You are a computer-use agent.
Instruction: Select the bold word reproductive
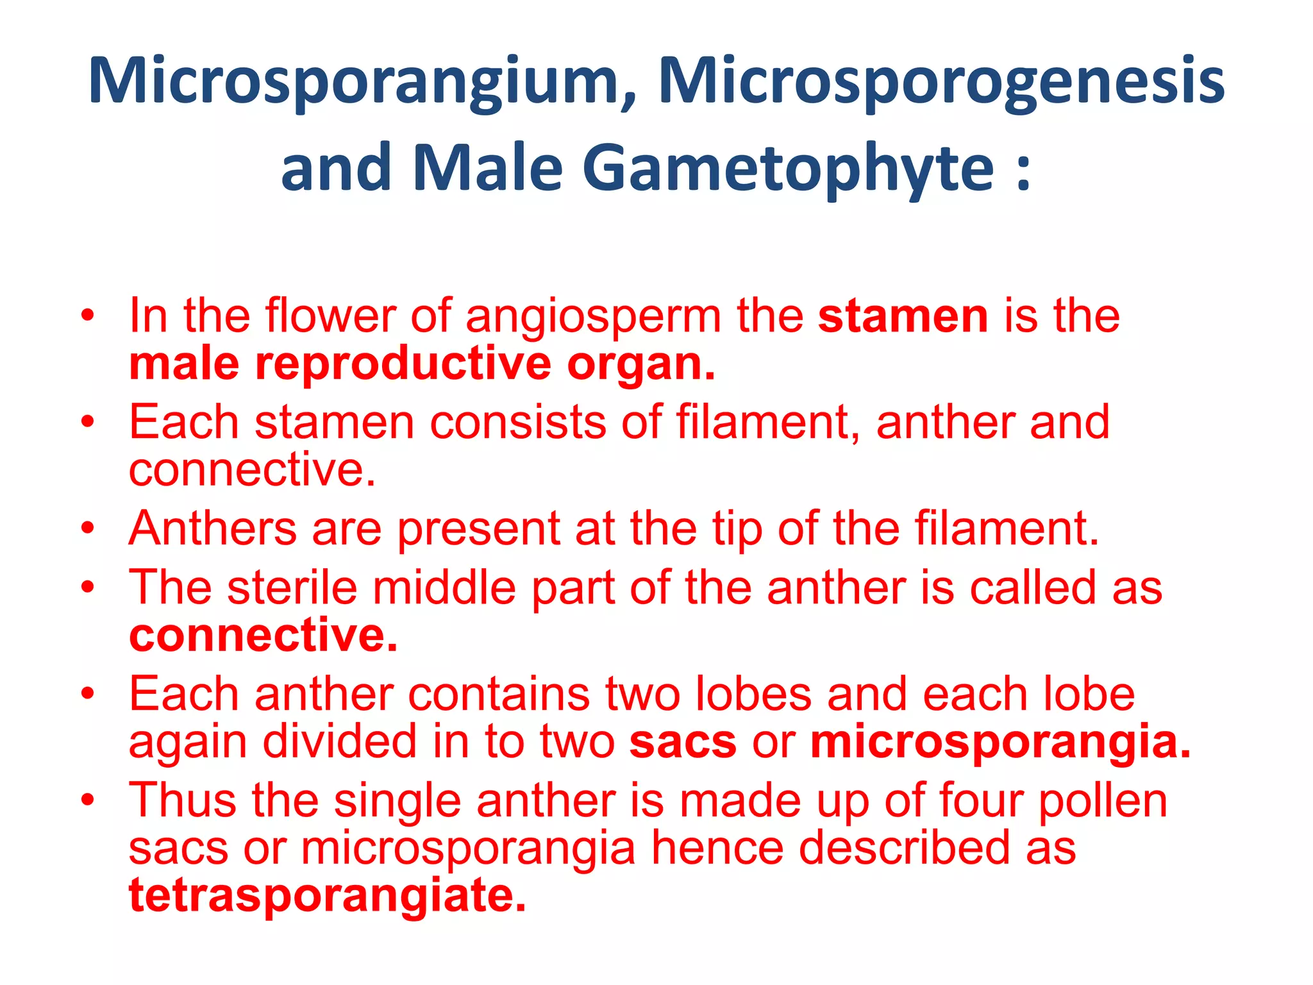click(403, 365)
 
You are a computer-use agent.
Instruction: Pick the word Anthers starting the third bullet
click(212, 528)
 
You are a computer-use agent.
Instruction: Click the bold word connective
click(263, 636)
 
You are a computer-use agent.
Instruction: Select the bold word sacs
click(682, 743)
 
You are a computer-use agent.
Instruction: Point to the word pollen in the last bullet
click(1103, 802)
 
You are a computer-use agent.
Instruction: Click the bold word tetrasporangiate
click(327, 896)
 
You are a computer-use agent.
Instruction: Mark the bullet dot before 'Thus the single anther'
click(88, 800)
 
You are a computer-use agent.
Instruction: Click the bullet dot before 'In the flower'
click(88, 316)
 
